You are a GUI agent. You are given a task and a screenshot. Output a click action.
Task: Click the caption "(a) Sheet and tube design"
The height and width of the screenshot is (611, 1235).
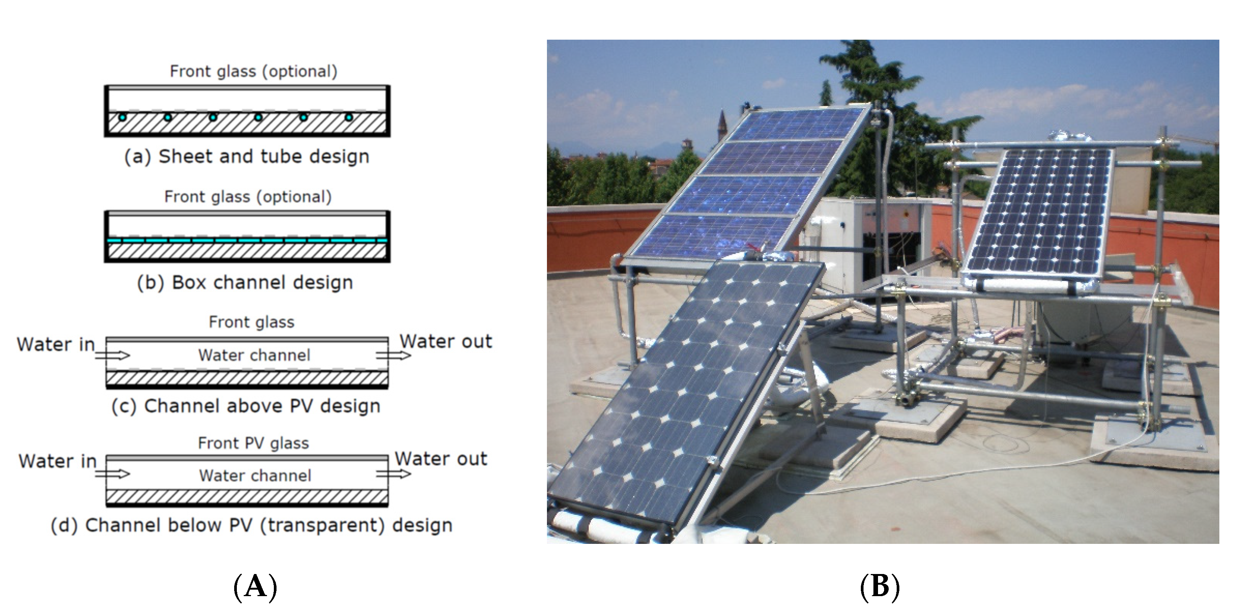click(x=247, y=156)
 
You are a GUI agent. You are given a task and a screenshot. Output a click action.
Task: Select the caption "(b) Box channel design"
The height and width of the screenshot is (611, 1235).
click(x=245, y=283)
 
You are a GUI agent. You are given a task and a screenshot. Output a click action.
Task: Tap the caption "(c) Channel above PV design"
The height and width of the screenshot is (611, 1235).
click(x=246, y=406)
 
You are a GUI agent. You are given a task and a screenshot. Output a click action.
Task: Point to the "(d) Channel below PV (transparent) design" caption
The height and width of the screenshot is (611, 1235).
click(x=252, y=525)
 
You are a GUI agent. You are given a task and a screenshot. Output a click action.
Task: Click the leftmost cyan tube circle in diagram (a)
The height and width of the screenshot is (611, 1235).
click(x=123, y=117)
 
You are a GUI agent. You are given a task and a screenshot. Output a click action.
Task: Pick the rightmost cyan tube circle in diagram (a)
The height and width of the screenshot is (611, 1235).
click(x=349, y=117)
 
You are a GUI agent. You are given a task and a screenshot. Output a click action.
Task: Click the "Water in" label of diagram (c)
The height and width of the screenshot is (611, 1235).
click(x=56, y=344)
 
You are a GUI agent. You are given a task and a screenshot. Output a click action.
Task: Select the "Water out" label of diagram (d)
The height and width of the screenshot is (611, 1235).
click(x=441, y=459)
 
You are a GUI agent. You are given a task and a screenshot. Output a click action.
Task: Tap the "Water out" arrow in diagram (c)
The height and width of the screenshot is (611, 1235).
click(x=393, y=355)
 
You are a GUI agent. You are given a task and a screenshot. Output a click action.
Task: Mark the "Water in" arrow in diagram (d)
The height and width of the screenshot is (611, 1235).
click(x=113, y=474)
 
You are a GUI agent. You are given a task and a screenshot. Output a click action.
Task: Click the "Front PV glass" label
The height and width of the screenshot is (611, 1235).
click(x=253, y=443)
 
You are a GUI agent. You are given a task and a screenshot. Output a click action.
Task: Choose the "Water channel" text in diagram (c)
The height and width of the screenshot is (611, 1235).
click(x=254, y=355)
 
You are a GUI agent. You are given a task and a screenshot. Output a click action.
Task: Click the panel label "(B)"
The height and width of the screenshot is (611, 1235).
click(x=880, y=586)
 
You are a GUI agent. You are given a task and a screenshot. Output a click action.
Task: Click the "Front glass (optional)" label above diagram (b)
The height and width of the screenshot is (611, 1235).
click(x=248, y=197)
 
